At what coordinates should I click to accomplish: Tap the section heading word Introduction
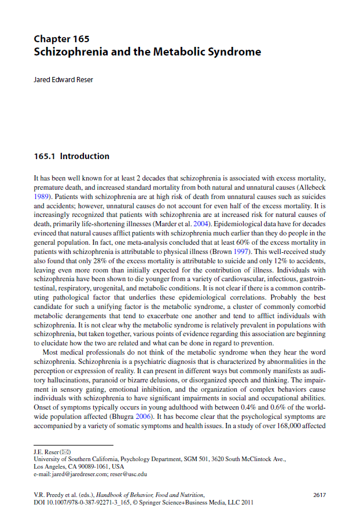(85, 156)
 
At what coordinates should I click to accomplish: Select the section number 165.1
(45, 156)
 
